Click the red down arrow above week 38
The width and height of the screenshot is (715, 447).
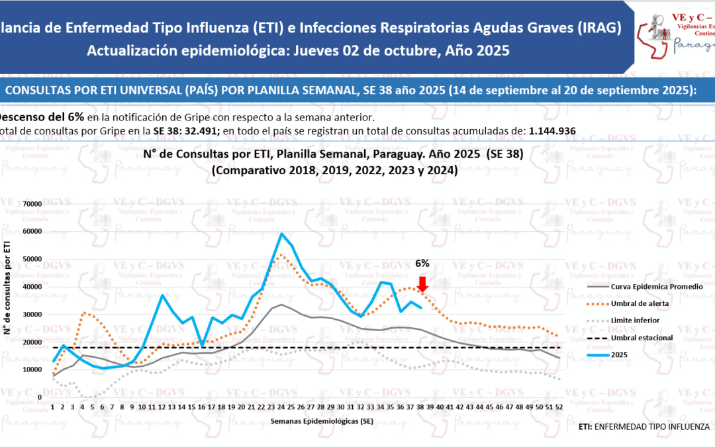click(423, 284)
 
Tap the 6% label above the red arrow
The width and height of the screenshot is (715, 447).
click(422, 263)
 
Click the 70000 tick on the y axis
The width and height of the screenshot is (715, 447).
click(32, 204)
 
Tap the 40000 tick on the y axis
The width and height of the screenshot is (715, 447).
click(32, 287)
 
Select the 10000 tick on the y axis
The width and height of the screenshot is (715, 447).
click(32, 370)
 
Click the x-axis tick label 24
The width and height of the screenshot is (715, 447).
click(282, 407)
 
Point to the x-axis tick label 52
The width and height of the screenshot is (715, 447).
click(560, 407)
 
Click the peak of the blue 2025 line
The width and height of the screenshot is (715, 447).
click(282, 234)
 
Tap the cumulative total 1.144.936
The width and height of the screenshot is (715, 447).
click(553, 130)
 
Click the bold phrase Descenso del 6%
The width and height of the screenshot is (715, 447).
click(41, 117)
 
